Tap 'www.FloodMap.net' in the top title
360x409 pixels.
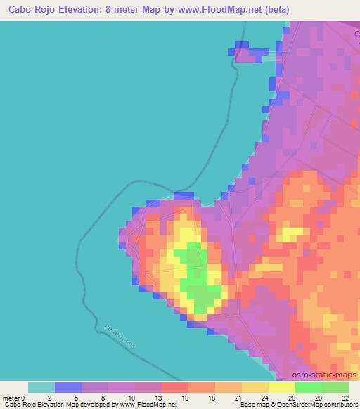click(x=219, y=9)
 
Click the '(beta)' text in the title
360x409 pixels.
click(x=279, y=9)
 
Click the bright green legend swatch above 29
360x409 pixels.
click(x=309, y=388)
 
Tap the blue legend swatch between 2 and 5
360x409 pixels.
click(x=68, y=388)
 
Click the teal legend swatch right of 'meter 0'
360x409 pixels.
click(x=41, y=388)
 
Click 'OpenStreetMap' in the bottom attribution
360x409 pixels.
click(x=293, y=405)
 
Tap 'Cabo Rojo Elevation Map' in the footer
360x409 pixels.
click(x=35, y=405)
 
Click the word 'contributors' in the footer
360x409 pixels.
click(x=339, y=405)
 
